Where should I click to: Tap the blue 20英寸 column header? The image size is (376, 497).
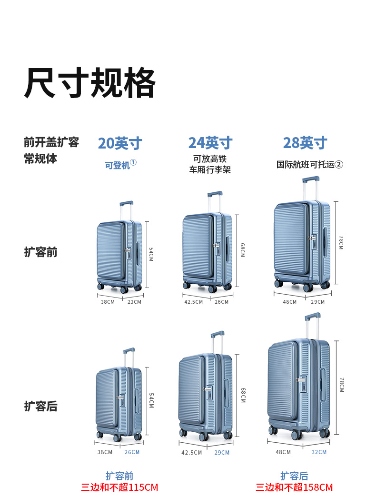(119, 143)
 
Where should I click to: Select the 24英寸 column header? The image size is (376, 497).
(210, 143)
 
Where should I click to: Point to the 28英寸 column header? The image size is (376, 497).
(305, 143)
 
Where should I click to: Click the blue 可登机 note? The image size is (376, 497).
(118, 165)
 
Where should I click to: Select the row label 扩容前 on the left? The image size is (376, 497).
(40, 252)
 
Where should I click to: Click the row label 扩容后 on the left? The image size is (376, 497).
(40, 406)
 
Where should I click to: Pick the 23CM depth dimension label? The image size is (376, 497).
(134, 302)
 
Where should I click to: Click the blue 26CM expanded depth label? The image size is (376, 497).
(132, 452)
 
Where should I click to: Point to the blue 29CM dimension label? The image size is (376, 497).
(222, 453)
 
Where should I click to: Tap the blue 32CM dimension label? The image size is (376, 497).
(319, 452)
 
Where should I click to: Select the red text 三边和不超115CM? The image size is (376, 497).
(119, 487)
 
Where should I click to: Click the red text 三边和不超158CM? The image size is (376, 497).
(294, 487)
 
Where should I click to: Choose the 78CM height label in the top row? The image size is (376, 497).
(341, 242)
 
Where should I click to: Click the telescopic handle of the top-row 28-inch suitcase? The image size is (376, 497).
(310, 180)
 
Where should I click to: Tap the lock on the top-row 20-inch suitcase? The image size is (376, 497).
(128, 250)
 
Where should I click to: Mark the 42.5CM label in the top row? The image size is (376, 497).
(193, 302)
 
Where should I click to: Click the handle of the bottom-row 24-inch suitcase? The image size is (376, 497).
(217, 335)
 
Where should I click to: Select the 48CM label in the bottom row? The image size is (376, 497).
(283, 452)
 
